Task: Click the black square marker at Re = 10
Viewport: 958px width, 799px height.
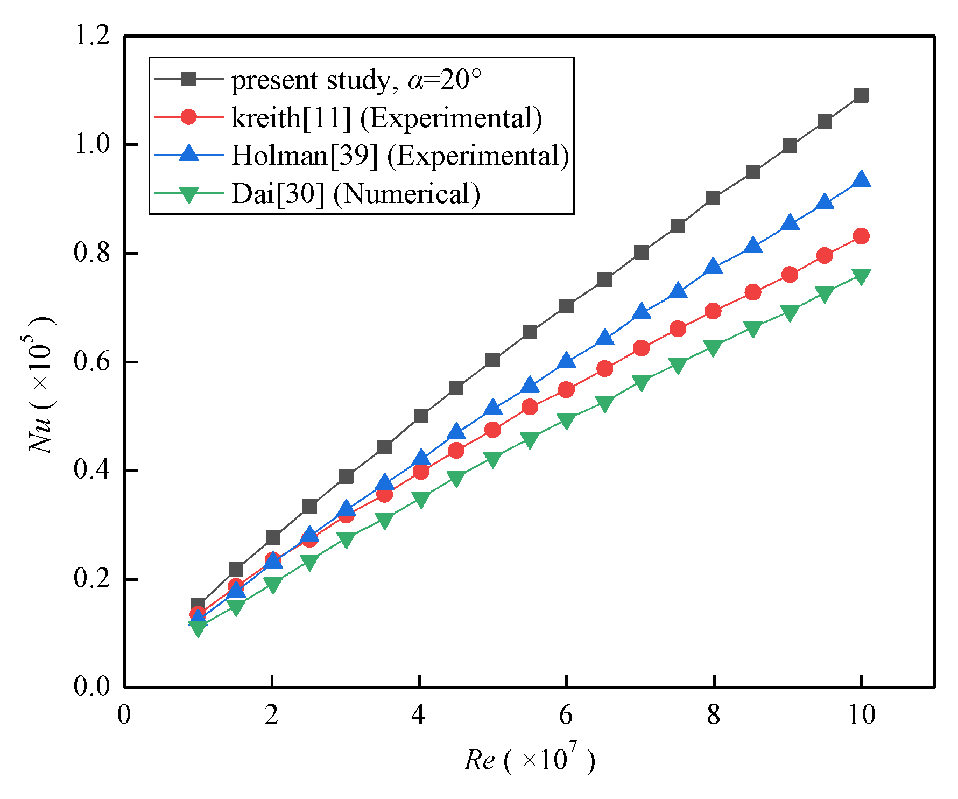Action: tap(861, 96)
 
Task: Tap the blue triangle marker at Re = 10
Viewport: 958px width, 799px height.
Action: tap(861, 180)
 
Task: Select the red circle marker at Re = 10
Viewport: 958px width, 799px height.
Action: tap(861, 236)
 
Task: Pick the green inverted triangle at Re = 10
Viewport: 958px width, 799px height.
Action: tap(861, 277)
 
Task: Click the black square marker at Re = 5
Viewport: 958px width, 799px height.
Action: tap(492, 360)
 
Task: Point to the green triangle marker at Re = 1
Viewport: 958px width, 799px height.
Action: tap(198, 628)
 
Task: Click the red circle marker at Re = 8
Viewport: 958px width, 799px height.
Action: tap(713, 311)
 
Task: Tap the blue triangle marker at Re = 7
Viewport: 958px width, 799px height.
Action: tap(641, 312)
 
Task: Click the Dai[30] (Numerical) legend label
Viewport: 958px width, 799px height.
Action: tap(356, 194)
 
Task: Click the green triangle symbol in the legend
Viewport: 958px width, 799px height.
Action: tap(188, 194)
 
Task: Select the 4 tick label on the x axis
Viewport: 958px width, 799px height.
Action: tap(418, 715)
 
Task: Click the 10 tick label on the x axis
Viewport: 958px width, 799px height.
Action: tap(861, 715)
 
